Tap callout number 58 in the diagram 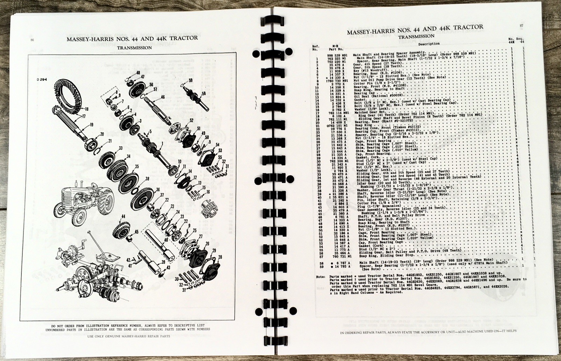coord(204,94)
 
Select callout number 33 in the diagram coord(121,149)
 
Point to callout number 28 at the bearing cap coord(220,257)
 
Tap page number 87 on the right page coord(521,25)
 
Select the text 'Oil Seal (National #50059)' coord(378,96)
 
